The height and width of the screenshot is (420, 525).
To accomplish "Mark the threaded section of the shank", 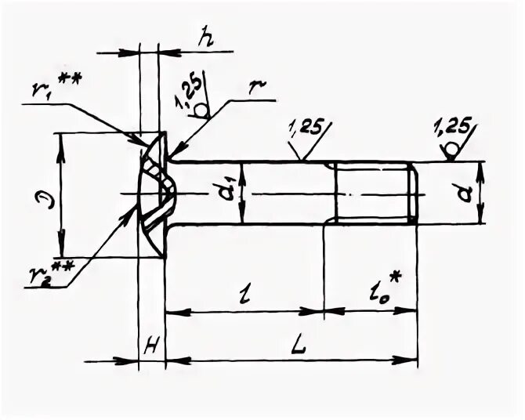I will tap(373, 194).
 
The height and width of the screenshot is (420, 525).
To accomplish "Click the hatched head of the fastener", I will tap(154, 193).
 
